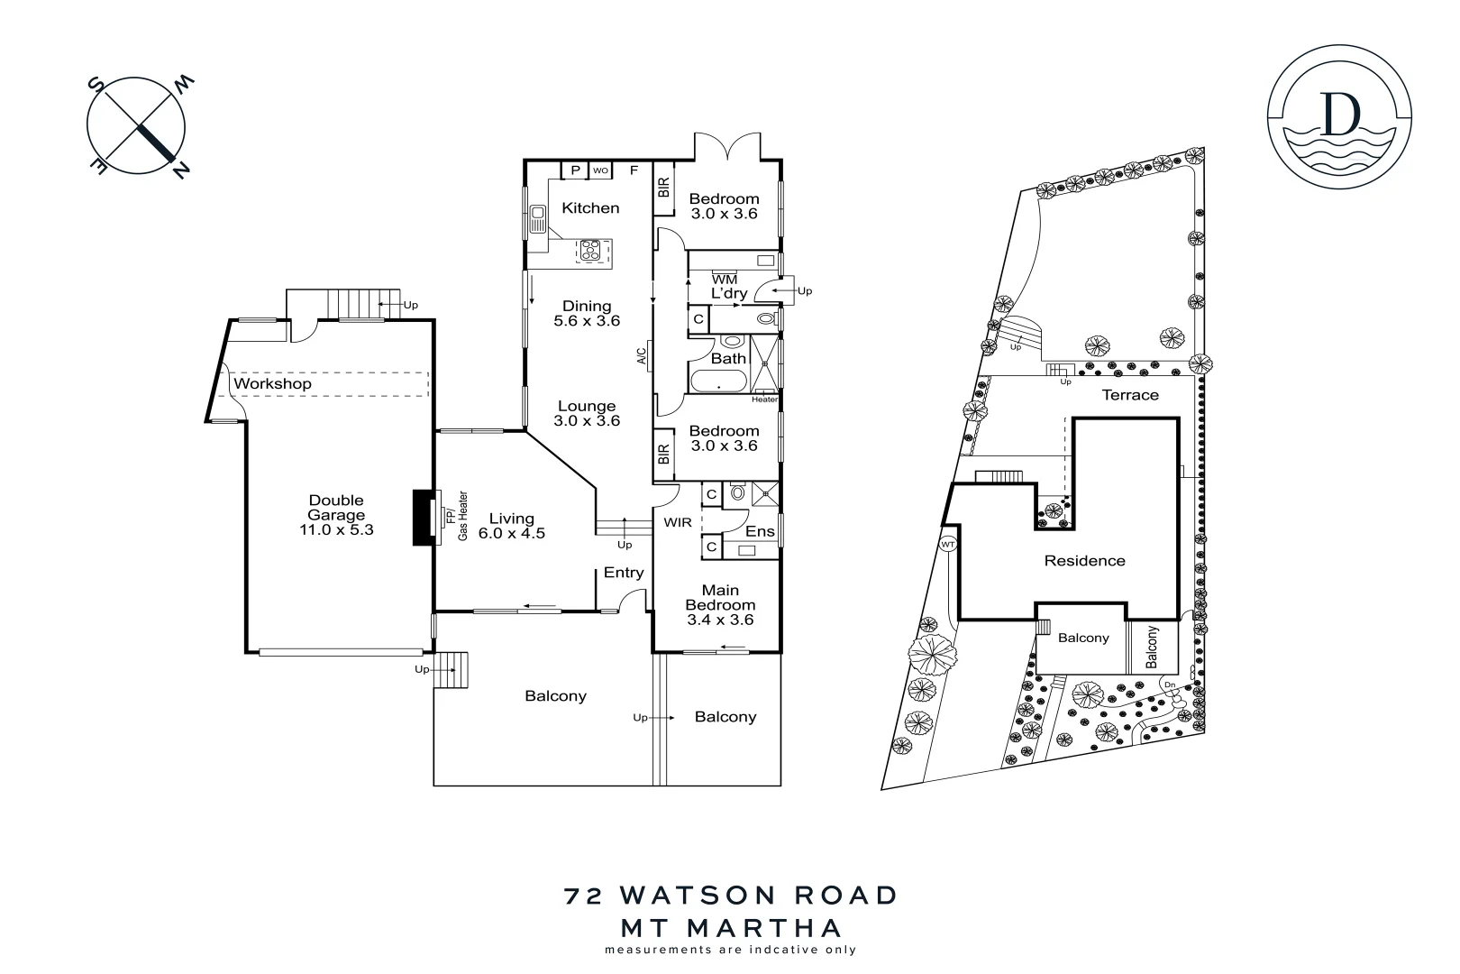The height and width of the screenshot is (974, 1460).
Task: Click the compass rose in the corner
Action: tap(137, 127)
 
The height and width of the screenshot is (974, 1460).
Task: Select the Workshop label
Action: tap(272, 383)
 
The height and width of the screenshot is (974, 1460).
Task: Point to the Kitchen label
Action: tap(590, 208)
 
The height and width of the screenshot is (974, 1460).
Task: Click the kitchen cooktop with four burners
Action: tap(591, 250)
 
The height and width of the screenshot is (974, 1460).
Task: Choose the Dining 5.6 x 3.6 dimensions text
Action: tap(587, 321)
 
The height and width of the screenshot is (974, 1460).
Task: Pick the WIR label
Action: tap(678, 522)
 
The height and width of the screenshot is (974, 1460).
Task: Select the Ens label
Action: tap(760, 531)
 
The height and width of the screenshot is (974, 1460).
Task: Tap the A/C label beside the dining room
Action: tap(642, 356)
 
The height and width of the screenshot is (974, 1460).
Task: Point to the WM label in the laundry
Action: tap(724, 280)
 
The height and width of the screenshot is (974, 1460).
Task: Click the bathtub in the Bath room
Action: tap(718, 382)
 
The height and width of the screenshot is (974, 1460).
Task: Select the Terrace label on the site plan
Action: tap(1130, 395)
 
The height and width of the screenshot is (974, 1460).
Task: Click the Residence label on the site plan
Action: tap(1084, 561)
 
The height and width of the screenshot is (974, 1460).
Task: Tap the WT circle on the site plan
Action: tap(947, 545)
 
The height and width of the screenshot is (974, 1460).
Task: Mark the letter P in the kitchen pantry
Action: tap(574, 170)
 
